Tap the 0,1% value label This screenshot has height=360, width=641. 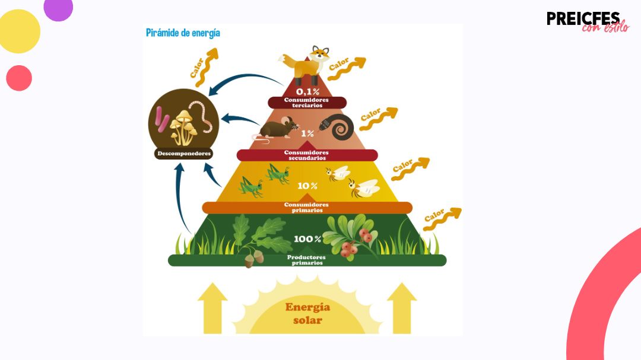pyautogui.click(x=307, y=91)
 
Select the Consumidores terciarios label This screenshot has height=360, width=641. pyautogui.click(x=307, y=103)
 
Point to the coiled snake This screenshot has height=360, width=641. pyautogui.click(x=337, y=126)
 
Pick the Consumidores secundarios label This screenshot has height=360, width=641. pyautogui.click(x=307, y=155)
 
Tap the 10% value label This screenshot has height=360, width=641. pyautogui.click(x=307, y=186)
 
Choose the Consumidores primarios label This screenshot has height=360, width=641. pyautogui.click(x=307, y=208)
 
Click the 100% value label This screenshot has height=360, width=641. pyautogui.click(x=307, y=239)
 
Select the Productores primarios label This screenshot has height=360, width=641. pyautogui.click(x=307, y=260)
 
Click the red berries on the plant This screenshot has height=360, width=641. pyautogui.click(x=354, y=243)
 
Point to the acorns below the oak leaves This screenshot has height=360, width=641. pyautogui.click(x=254, y=259)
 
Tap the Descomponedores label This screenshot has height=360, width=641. pyautogui.click(x=184, y=154)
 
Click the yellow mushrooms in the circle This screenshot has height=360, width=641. pyautogui.click(x=183, y=127)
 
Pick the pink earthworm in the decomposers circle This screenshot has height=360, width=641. pyautogui.click(x=202, y=116)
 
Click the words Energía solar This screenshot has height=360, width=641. pyautogui.click(x=308, y=313)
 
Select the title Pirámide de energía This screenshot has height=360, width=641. pyautogui.click(x=183, y=33)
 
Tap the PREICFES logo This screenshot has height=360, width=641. pyautogui.click(x=588, y=21)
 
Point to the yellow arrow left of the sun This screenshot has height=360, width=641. pyautogui.click(x=212, y=308)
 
